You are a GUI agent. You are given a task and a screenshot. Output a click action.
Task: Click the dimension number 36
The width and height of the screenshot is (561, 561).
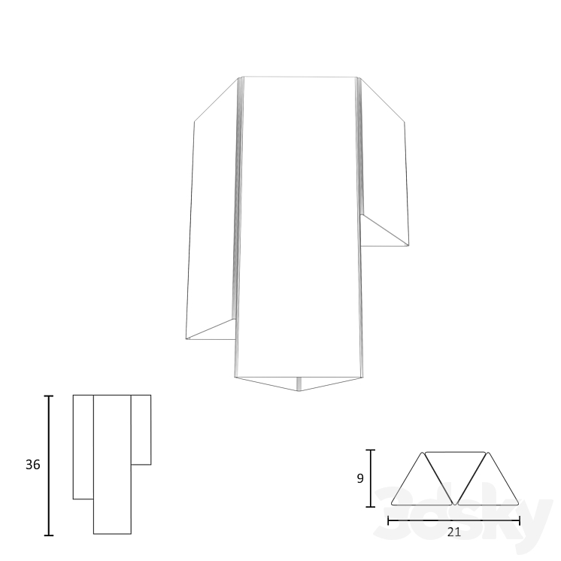click(x=32, y=465)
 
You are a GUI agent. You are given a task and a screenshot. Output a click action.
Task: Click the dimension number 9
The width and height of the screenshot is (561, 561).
click(x=359, y=478)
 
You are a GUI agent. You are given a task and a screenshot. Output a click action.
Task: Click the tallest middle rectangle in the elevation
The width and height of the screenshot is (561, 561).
click(x=112, y=463)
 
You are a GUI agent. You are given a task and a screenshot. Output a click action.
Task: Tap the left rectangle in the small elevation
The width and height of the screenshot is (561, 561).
click(x=83, y=446)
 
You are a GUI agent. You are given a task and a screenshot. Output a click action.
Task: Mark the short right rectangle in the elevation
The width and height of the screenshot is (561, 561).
click(x=141, y=429)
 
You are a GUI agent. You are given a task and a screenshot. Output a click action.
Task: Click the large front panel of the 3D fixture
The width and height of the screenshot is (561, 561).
click(x=299, y=226)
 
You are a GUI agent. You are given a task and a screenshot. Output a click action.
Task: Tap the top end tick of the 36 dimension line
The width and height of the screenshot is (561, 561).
click(x=50, y=396)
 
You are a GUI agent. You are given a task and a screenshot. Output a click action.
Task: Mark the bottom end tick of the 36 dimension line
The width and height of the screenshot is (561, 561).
click(x=50, y=535)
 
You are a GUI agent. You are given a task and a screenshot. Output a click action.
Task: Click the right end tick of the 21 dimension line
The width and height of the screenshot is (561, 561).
click(x=520, y=520)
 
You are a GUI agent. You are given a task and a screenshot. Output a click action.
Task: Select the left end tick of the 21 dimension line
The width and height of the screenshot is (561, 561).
click(x=388, y=520)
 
